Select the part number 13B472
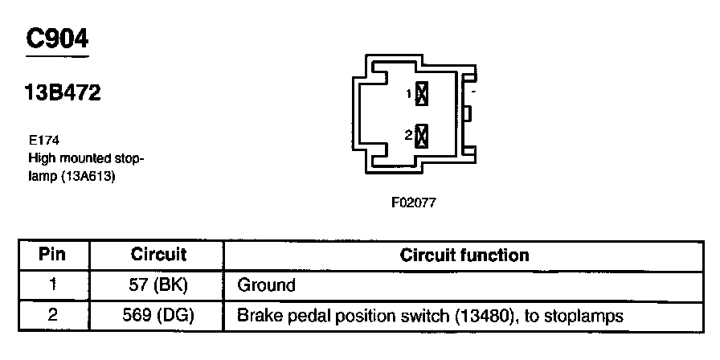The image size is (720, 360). tap(61, 94)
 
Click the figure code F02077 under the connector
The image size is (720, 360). tap(413, 202)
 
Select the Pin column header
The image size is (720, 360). tap(52, 256)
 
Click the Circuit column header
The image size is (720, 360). tap(158, 256)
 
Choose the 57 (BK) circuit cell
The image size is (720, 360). tap(158, 285)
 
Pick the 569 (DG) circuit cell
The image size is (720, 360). tap(158, 316)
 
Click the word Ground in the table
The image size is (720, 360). tap(266, 285)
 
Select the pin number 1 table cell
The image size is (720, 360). tap(52, 285)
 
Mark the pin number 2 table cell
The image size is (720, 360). tap(52, 316)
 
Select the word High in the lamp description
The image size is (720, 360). tap(41, 158)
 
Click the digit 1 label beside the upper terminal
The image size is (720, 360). tap(409, 95)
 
